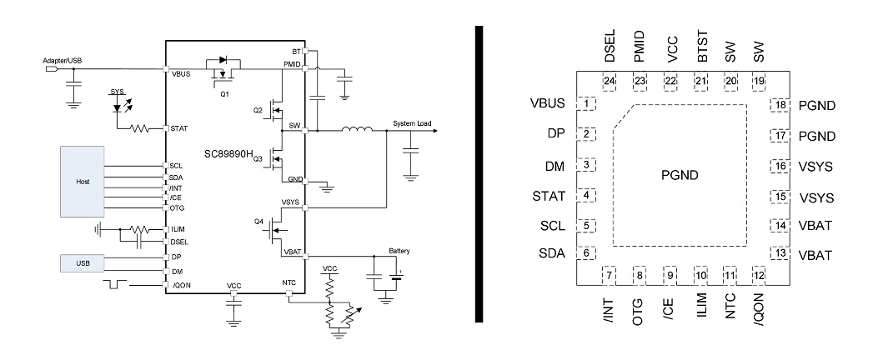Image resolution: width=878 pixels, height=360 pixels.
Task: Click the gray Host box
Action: (x=82, y=182)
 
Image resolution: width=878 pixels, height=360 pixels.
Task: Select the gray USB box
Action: (x=82, y=263)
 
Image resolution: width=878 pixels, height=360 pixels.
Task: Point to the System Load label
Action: (x=413, y=124)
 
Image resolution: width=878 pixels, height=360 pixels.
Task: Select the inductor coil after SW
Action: (x=356, y=130)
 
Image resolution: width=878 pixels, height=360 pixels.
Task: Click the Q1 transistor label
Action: (x=224, y=94)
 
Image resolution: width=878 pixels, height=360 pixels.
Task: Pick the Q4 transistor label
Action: (x=258, y=222)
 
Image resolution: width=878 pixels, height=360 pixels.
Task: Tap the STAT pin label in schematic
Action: (x=178, y=128)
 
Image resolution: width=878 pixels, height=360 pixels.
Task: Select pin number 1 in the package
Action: (x=589, y=104)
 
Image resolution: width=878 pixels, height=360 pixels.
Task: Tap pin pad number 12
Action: (x=758, y=275)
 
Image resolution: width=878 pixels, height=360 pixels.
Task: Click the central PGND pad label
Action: (x=681, y=175)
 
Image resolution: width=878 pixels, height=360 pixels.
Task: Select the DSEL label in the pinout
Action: (x=610, y=50)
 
